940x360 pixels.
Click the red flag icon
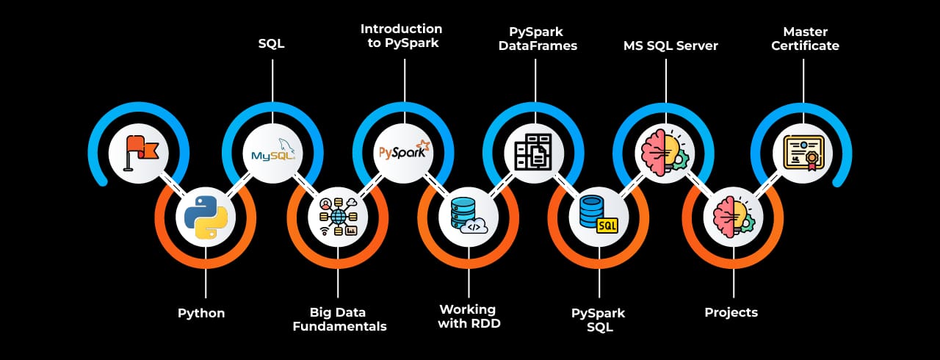139,153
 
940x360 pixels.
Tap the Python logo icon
206,217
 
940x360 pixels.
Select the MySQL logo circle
272,153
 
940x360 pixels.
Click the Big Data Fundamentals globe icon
338,217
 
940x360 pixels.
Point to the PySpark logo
404,153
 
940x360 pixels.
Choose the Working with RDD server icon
469,217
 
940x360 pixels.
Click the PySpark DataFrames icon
534,153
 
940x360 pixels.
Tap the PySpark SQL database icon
599,217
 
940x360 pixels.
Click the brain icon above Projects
734,217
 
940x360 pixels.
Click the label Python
201,314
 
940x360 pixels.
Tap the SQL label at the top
272,44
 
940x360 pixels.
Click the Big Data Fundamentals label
339,320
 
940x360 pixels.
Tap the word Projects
731,313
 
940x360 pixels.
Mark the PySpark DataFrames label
543,38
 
